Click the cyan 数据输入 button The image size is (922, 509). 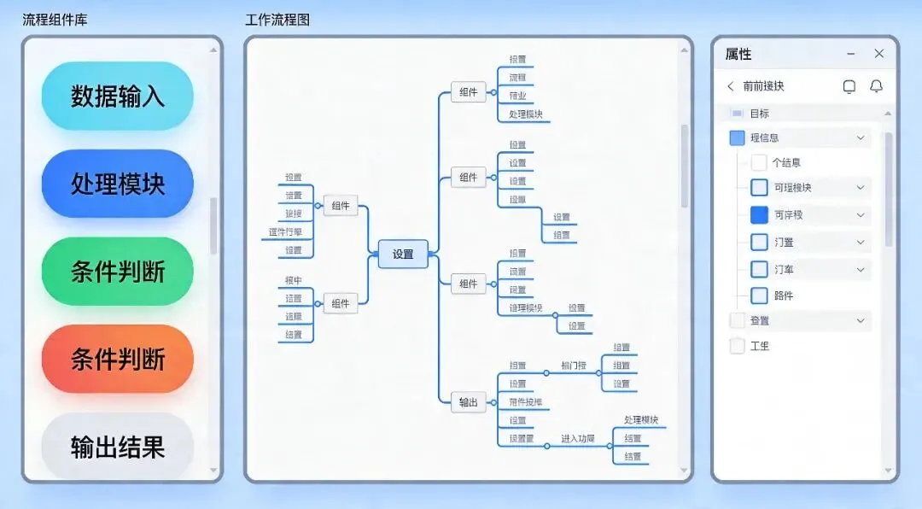point(118,96)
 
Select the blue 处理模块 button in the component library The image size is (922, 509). point(118,184)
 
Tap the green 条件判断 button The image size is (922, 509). point(118,272)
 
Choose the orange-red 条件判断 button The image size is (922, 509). point(118,360)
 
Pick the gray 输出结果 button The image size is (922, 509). point(118,447)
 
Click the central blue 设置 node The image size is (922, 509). point(403,254)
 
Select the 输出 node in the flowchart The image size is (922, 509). point(469,402)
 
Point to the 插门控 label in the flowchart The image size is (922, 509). point(574,366)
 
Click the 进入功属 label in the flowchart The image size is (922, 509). point(577,438)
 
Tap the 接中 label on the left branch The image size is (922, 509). point(294,280)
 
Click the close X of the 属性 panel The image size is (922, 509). point(879,54)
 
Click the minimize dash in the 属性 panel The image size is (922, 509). point(850,54)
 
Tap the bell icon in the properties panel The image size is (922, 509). point(876,86)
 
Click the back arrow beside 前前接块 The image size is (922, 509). point(731,86)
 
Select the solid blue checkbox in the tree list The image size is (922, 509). point(759,215)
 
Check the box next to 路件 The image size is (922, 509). point(759,295)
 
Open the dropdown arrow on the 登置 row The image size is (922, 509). point(861,321)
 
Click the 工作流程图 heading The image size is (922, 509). point(277,20)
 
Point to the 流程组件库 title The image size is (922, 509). point(55,20)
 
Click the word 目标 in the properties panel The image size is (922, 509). point(760,114)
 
